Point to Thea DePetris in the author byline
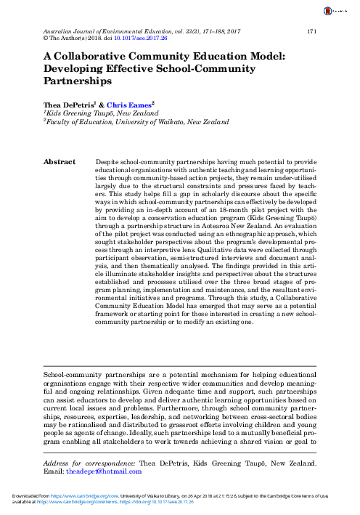tap(69, 105)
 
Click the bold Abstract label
tap(60, 162)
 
